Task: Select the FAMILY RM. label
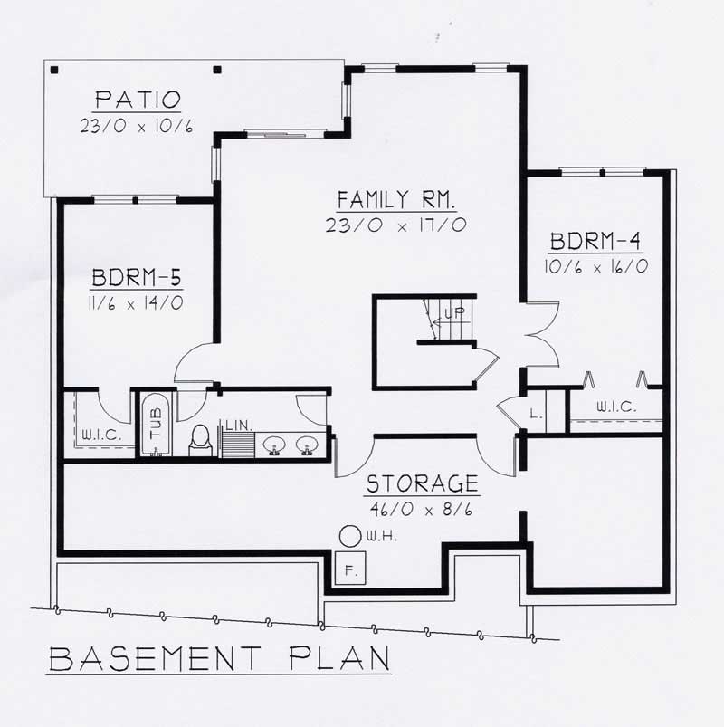coord(396,199)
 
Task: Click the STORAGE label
coord(423,483)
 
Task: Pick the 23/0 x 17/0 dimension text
coord(396,225)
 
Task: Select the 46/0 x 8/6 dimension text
coord(423,509)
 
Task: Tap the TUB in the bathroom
coord(155,424)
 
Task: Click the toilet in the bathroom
coord(201,438)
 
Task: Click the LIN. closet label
coord(239,425)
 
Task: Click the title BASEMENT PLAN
coord(219,658)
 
